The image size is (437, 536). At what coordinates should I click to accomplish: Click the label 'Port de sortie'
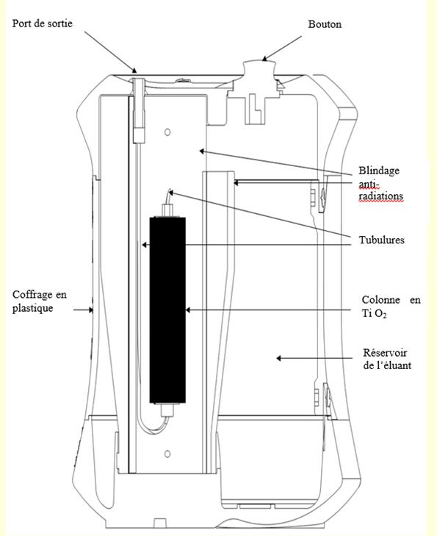coord(43,24)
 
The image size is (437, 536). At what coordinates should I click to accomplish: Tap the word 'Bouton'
coord(325,24)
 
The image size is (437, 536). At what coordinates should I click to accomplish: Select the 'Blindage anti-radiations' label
coord(380,184)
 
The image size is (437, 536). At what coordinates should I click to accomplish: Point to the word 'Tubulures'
coord(381,240)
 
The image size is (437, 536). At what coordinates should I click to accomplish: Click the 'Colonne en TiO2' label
coord(391,307)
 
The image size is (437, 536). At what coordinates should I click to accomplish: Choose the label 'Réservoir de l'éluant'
coord(387,359)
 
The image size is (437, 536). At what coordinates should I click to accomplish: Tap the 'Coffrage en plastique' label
coord(39,301)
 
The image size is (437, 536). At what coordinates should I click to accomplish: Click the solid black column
coord(167,310)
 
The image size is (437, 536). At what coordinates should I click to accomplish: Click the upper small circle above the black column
coord(167,132)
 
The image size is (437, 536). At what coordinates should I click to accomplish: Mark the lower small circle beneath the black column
coord(167,454)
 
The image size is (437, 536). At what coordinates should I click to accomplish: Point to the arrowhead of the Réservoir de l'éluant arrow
coord(278,358)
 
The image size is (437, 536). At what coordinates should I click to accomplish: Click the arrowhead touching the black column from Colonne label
coord(188,310)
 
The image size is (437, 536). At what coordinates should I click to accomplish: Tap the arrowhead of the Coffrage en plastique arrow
coord(91,310)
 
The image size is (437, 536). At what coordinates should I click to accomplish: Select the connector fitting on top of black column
coord(167,210)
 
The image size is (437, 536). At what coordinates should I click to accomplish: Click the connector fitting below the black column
coord(167,410)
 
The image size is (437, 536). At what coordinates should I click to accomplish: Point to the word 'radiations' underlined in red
coord(380,196)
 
